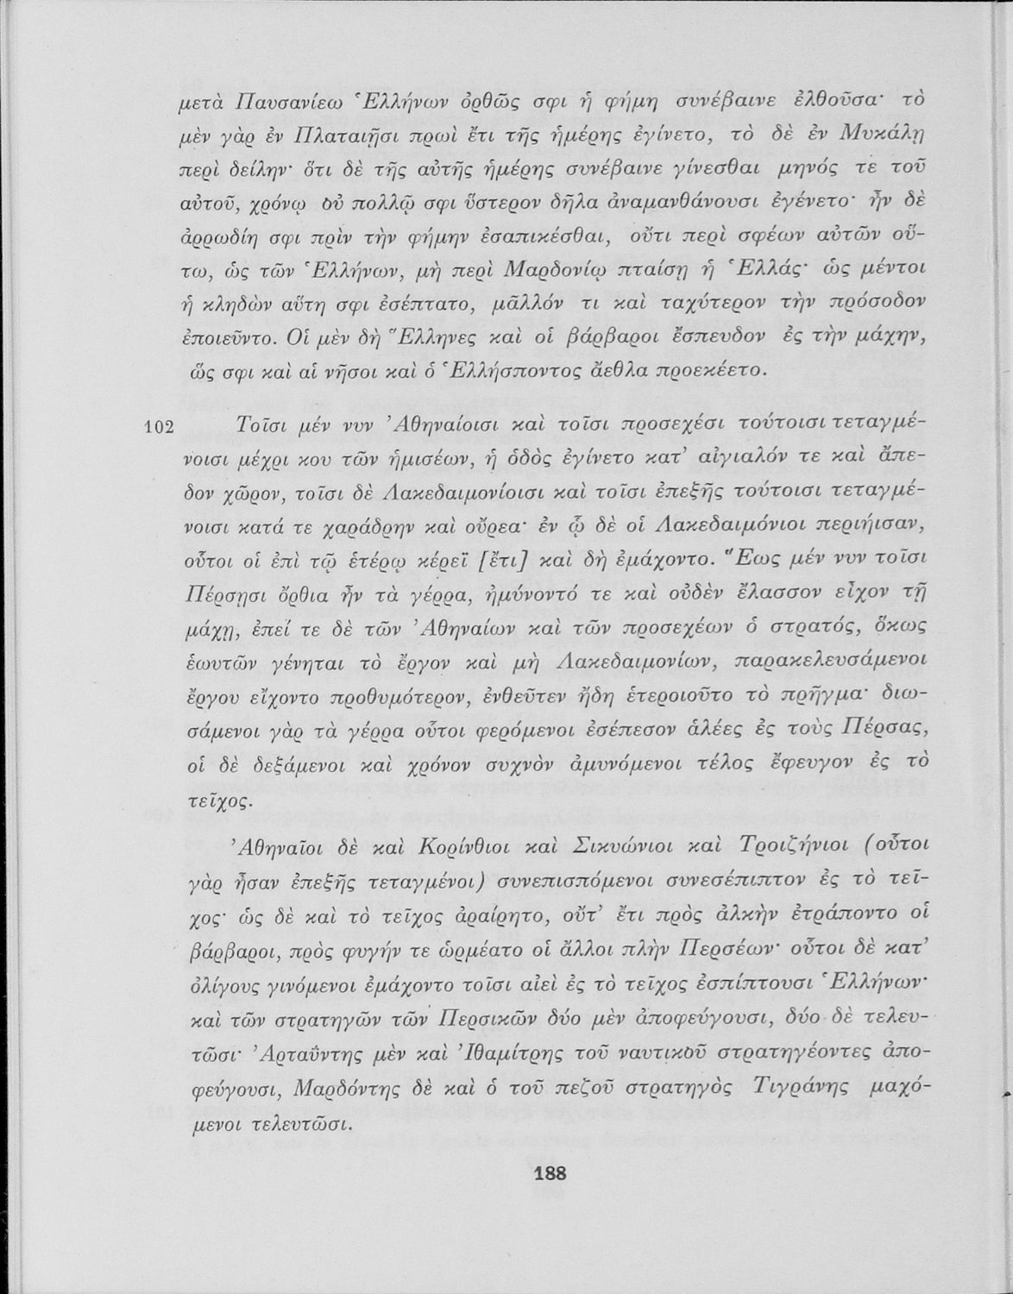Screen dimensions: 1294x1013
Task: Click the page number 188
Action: (x=550, y=1172)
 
